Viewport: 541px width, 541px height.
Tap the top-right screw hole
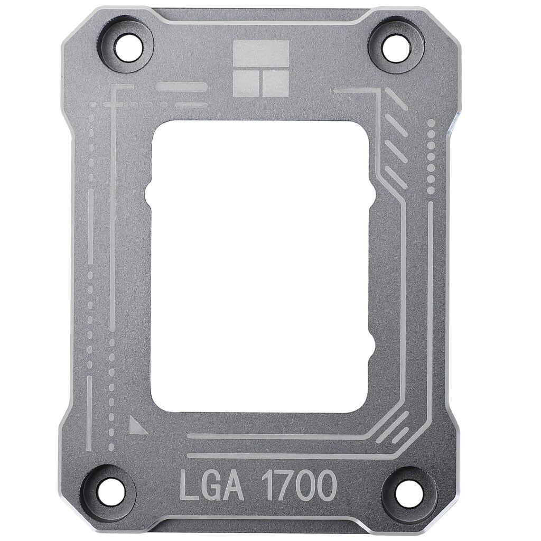[397, 48]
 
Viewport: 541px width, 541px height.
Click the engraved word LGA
[212, 486]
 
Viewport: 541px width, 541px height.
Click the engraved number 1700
[299, 486]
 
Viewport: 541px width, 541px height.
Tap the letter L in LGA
[189, 486]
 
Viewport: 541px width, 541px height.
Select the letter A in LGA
[235, 486]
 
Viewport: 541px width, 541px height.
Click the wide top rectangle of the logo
[261, 54]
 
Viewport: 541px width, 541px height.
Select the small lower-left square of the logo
[245, 84]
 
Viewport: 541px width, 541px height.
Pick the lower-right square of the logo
[275, 84]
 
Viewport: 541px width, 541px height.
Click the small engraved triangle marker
[137, 425]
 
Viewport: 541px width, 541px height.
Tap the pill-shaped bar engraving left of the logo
[182, 87]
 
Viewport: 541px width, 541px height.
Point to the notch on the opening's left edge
[150, 194]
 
